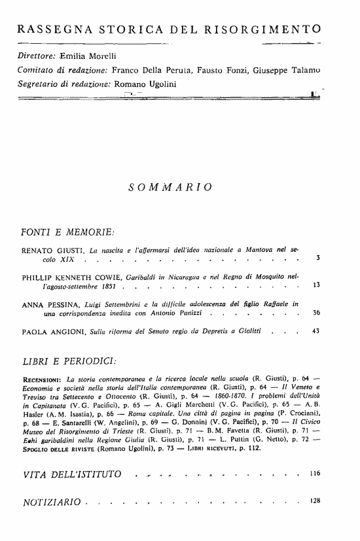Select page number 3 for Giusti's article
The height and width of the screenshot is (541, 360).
[317, 258]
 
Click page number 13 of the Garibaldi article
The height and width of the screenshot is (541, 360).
[315, 285]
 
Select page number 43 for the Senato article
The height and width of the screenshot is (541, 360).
[315, 332]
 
